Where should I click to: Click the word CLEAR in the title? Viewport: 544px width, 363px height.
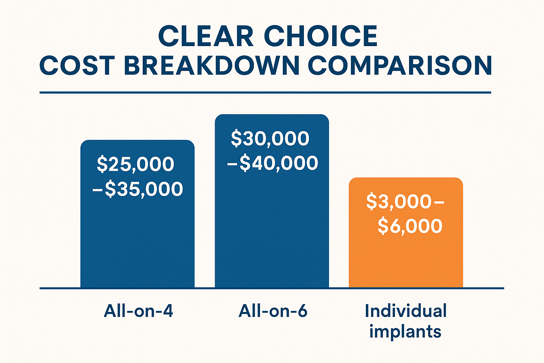[206, 36]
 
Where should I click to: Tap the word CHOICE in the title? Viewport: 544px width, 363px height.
[321, 36]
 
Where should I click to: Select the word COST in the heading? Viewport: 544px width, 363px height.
[77, 66]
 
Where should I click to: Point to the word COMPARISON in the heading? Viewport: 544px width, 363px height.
[400, 66]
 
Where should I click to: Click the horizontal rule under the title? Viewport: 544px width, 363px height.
[265, 93]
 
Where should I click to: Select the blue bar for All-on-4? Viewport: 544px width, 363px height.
[137, 241]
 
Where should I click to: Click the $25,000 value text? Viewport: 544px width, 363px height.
[136, 164]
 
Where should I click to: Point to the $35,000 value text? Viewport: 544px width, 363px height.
[144, 189]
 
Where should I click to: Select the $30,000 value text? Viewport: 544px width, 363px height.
[270, 138]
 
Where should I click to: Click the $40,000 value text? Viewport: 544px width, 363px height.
[279, 163]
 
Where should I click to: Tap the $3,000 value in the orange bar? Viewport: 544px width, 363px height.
[398, 201]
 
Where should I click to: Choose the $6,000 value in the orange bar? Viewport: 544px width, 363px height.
[410, 226]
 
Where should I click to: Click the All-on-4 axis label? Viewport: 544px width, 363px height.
[138, 311]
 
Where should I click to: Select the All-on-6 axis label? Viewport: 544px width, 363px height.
[273, 311]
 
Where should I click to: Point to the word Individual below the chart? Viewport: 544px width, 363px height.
[406, 311]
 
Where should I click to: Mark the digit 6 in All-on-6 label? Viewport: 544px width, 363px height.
[302, 311]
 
